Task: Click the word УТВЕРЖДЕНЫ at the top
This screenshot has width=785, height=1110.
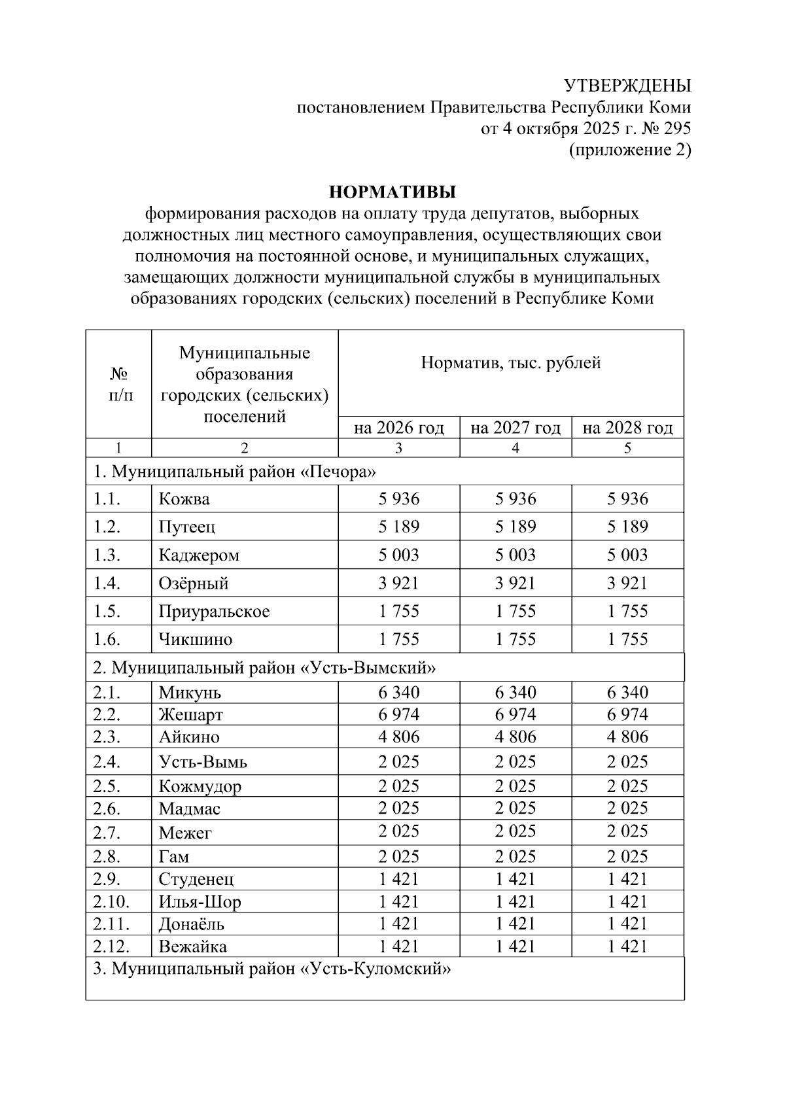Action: coord(627,86)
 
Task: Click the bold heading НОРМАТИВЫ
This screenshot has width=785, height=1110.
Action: coord(392,192)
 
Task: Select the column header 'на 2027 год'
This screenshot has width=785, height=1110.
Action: coord(515,428)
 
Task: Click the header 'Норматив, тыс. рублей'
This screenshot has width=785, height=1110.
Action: coord(510,363)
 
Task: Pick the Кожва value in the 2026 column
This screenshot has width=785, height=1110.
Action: coord(398,499)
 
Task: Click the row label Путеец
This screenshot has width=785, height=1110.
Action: coord(186,527)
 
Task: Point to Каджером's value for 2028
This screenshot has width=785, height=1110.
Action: coord(627,555)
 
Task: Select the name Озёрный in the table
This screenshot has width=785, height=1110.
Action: coord(193,583)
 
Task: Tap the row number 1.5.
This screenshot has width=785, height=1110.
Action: coord(107,612)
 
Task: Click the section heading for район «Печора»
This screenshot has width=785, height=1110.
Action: coord(235,472)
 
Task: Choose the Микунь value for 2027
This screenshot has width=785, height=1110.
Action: coord(515,693)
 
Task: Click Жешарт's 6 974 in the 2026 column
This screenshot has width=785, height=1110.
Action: coord(398,714)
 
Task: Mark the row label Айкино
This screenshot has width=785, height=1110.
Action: coord(188,737)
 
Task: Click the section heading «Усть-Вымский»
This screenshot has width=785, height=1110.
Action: coord(264,668)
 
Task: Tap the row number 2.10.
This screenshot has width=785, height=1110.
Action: coord(111,902)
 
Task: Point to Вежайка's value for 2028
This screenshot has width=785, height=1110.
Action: coord(627,946)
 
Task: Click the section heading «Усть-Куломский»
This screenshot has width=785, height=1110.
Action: coord(271,969)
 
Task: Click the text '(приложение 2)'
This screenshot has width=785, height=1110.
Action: coord(629,150)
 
